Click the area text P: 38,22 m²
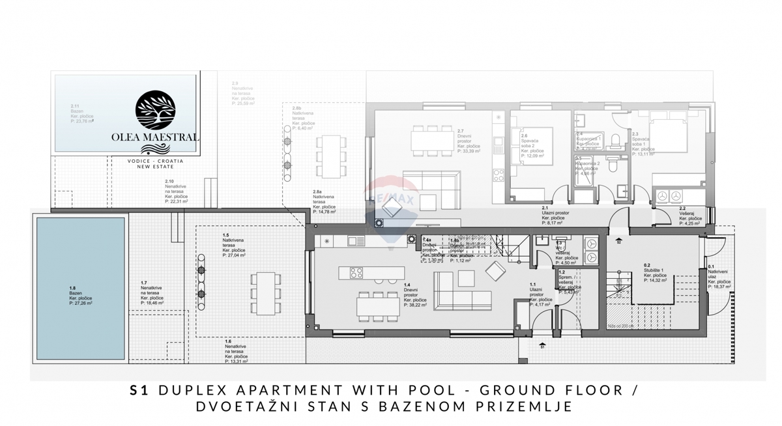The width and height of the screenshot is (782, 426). [x=414, y=304]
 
